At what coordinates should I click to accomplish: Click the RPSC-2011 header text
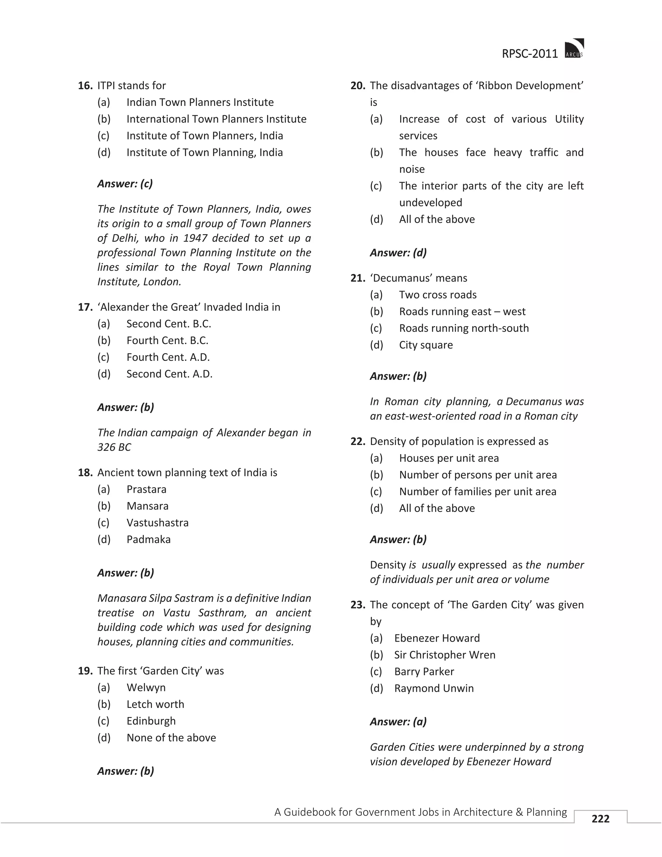(529, 54)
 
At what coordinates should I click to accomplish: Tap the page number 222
(601, 819)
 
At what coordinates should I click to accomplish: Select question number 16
(85, 86)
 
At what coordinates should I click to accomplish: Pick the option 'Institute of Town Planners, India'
(204, 136)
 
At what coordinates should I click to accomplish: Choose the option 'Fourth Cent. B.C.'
(167, 341)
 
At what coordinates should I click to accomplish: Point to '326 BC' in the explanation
(114, 447)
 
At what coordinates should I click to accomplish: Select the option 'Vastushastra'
(157, 523)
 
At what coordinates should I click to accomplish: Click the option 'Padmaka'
(148, 539)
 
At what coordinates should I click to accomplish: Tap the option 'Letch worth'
(155, 704)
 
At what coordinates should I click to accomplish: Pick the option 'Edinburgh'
(151, 721)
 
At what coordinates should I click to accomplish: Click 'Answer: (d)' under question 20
(398, 253)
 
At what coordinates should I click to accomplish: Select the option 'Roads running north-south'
(464, 329)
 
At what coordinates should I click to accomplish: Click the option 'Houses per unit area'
(449, 458)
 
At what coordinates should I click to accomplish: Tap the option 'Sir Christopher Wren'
(444, 655)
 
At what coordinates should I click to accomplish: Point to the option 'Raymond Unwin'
(434, 688)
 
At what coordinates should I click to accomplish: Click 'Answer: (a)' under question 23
(398, 721)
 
